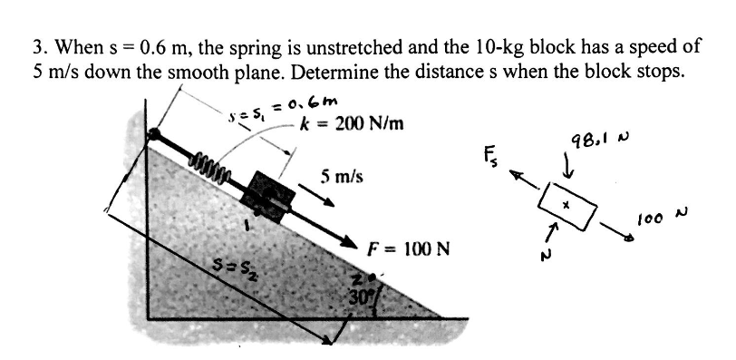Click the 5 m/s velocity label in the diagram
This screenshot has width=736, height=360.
(x=342, y=177)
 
